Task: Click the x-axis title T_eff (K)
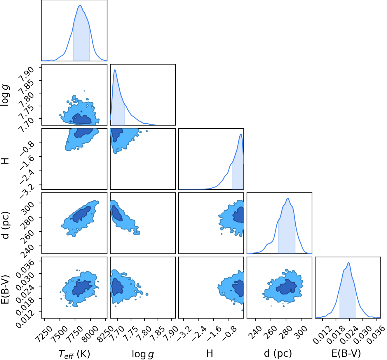pos(74,354)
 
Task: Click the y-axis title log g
pos(5,95)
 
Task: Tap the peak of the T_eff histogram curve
pos(80,6)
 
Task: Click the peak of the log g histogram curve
pos(115,69)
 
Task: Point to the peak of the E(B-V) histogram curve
pos(348,263)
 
